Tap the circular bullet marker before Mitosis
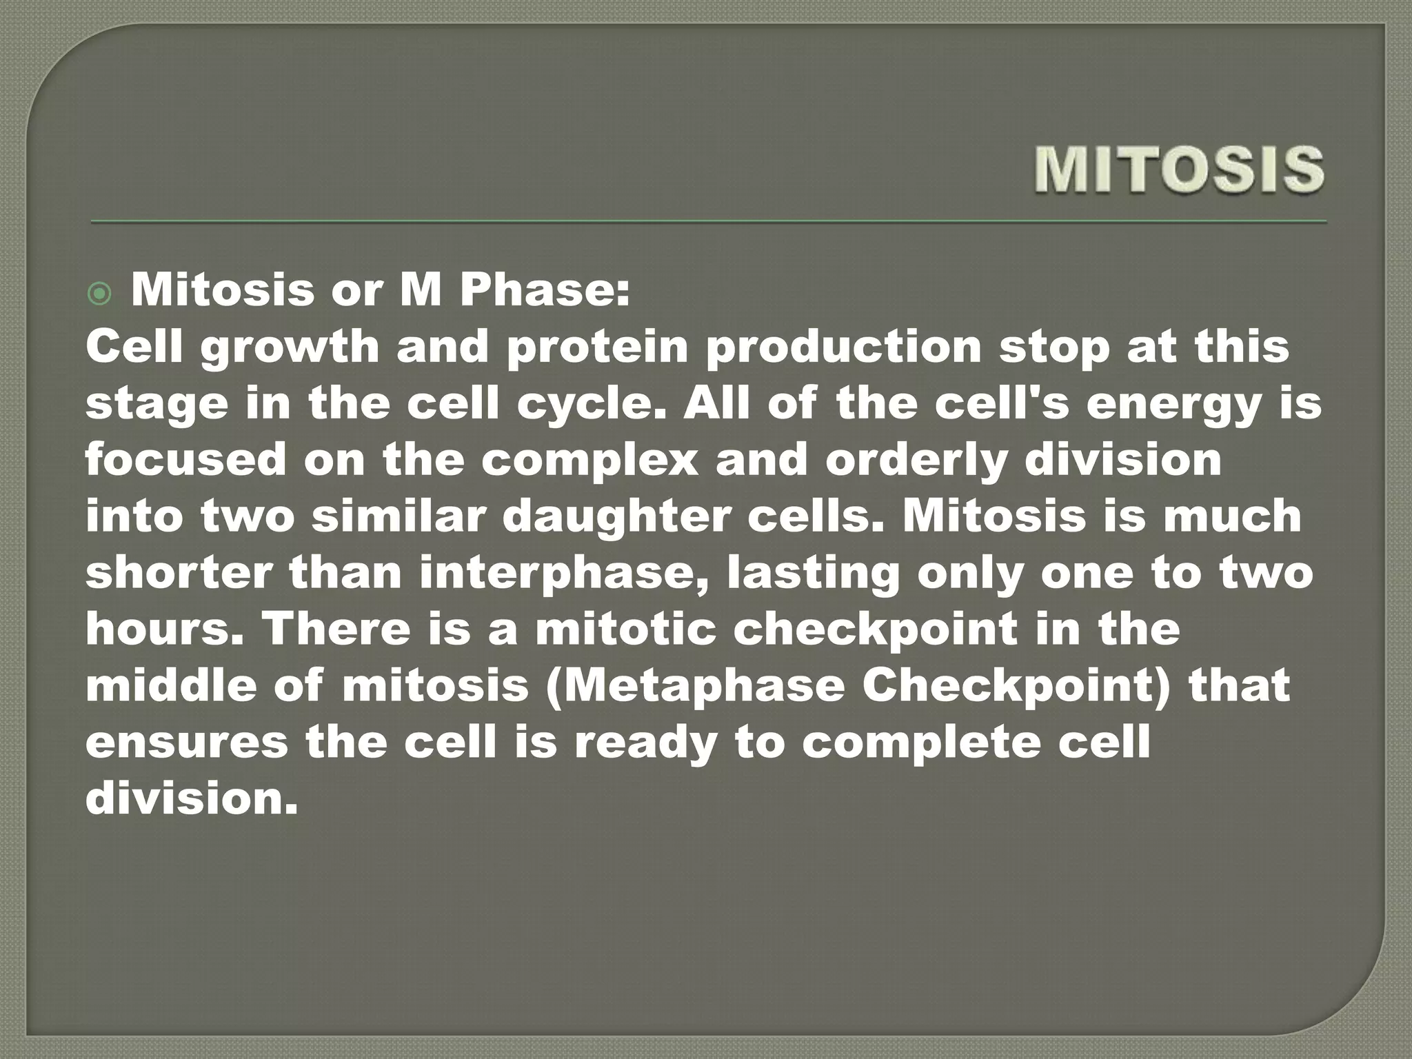pyautogui.click(x=100, y=295)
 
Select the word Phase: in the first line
pyautogui.click(x=545, y=290)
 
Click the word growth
pyautogui.click(x=290, y=347)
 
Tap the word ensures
pyautogui.click(x=186, y=743)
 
